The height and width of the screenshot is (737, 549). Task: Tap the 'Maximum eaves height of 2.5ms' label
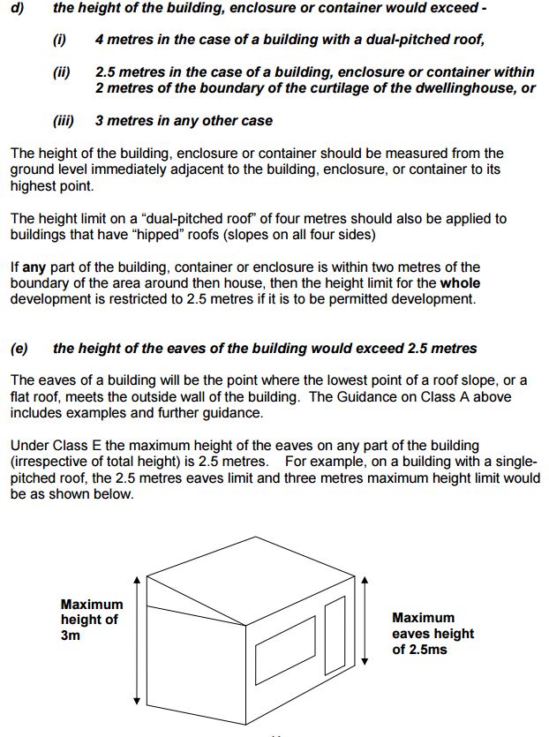432,634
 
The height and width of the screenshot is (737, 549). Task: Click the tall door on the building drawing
335,633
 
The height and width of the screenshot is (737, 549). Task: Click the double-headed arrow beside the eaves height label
365,622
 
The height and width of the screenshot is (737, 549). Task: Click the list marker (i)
61,41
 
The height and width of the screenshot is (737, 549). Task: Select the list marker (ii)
62,72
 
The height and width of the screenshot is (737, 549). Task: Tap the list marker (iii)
64,120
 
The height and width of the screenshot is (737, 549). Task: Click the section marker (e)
19,348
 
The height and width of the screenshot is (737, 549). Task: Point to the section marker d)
16,8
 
